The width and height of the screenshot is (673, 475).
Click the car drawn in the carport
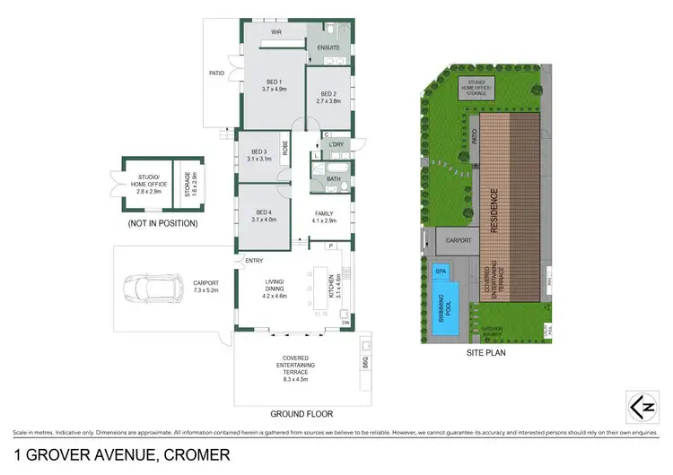coord(147,287)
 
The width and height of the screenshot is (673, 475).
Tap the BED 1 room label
coord(274,84)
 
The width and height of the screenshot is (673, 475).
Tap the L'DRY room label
coord(336,145)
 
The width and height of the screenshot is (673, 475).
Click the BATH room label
coord(333,178)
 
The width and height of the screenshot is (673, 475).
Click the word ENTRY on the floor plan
coord(253,261)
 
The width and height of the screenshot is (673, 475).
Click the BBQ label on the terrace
coord(364,362)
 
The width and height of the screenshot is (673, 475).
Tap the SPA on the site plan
coord(441,270)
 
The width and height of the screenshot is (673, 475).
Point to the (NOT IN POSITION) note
coord(163,223)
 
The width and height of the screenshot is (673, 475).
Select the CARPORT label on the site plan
coord(459,239)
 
